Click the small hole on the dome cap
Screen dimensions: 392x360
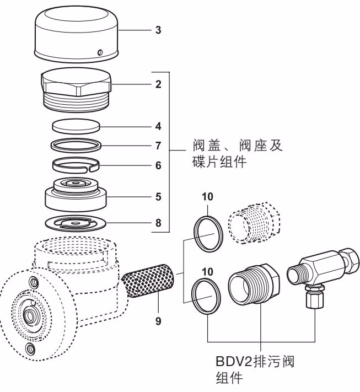pos(99,52)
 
